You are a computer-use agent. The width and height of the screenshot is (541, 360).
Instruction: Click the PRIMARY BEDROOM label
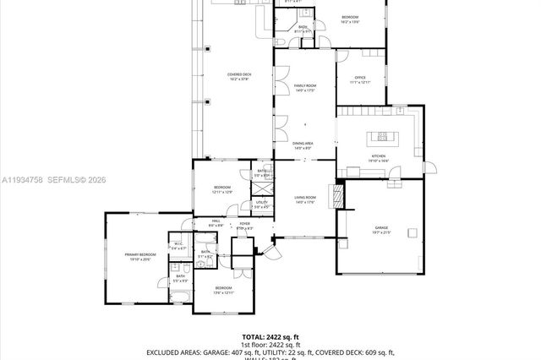(x=140, y=254)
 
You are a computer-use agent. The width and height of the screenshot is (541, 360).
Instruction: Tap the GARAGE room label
(x=381, y=227)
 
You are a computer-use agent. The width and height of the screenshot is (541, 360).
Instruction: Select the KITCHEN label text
(x=378, y=157)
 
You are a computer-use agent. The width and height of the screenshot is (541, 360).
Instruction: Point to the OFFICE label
(x=359, y=78)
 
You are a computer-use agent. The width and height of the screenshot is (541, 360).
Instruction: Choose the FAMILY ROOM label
(x=304, y=86)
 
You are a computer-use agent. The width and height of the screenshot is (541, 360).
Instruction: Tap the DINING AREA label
(x=303, y=144)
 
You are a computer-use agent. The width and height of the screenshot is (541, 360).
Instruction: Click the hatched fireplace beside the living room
(x=338, y=196)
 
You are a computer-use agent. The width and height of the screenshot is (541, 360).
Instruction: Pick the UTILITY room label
(x=262, y=203)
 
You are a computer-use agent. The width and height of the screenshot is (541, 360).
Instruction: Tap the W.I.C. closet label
(x=178, y=244)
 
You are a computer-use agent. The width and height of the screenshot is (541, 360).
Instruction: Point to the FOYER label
(x=244, y=224)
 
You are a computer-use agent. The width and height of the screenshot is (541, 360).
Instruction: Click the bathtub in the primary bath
(x=180, y=295)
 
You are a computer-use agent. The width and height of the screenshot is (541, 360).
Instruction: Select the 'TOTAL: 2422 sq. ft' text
(x=270, y=336)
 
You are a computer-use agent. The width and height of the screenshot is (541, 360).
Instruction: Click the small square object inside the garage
(x=412, y=233)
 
